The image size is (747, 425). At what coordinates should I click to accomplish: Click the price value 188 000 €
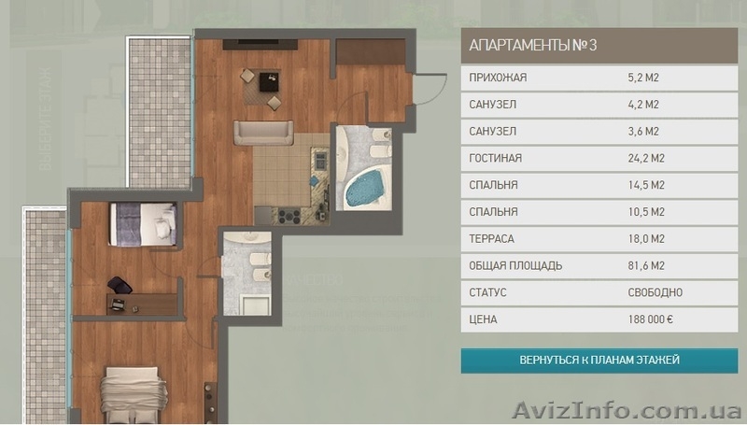pyautogui.click(x=650, y=319)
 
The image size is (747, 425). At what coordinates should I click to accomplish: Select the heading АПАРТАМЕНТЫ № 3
pyautogui.click(x=532, y=46)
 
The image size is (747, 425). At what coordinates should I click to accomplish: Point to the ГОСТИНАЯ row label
pyautogui.click(x=496, y=158)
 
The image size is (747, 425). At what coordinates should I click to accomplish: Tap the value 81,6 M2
pyautogui.click(x=646, y=266)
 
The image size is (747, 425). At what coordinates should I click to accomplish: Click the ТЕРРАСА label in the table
pyautogui.click(x=492, y=239)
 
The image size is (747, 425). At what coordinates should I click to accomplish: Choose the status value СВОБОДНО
pyautogui.click(x=655, y=292)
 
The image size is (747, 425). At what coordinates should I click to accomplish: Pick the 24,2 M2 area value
pyautogui.click(x=646, y=158)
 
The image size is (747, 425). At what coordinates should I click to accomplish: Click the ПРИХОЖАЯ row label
pyautogui.click(x=498, y=78)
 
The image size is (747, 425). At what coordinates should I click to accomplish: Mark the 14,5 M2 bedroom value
pyautogui.click(x=646, y=185)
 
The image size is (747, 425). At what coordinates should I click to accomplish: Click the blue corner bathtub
pyautogui.click(x=364, y=190)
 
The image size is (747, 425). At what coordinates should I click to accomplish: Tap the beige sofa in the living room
pyautogui.click(x=263, y=133)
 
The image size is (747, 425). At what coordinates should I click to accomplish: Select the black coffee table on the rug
pyautogui.click(x=269, y=81)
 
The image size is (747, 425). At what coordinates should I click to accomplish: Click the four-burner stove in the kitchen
pyautogui.click(x=289, y=217)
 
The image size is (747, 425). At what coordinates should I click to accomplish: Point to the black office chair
pyautogui.click(x=120, y=286)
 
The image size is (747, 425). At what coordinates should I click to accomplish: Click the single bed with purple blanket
pyautogui.click(x=143, y=224)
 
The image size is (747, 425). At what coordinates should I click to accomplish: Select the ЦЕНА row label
pyautogui.click(x=483, y=319)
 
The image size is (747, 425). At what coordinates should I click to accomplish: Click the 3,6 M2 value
pyautogui.click(x=643, y=132)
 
